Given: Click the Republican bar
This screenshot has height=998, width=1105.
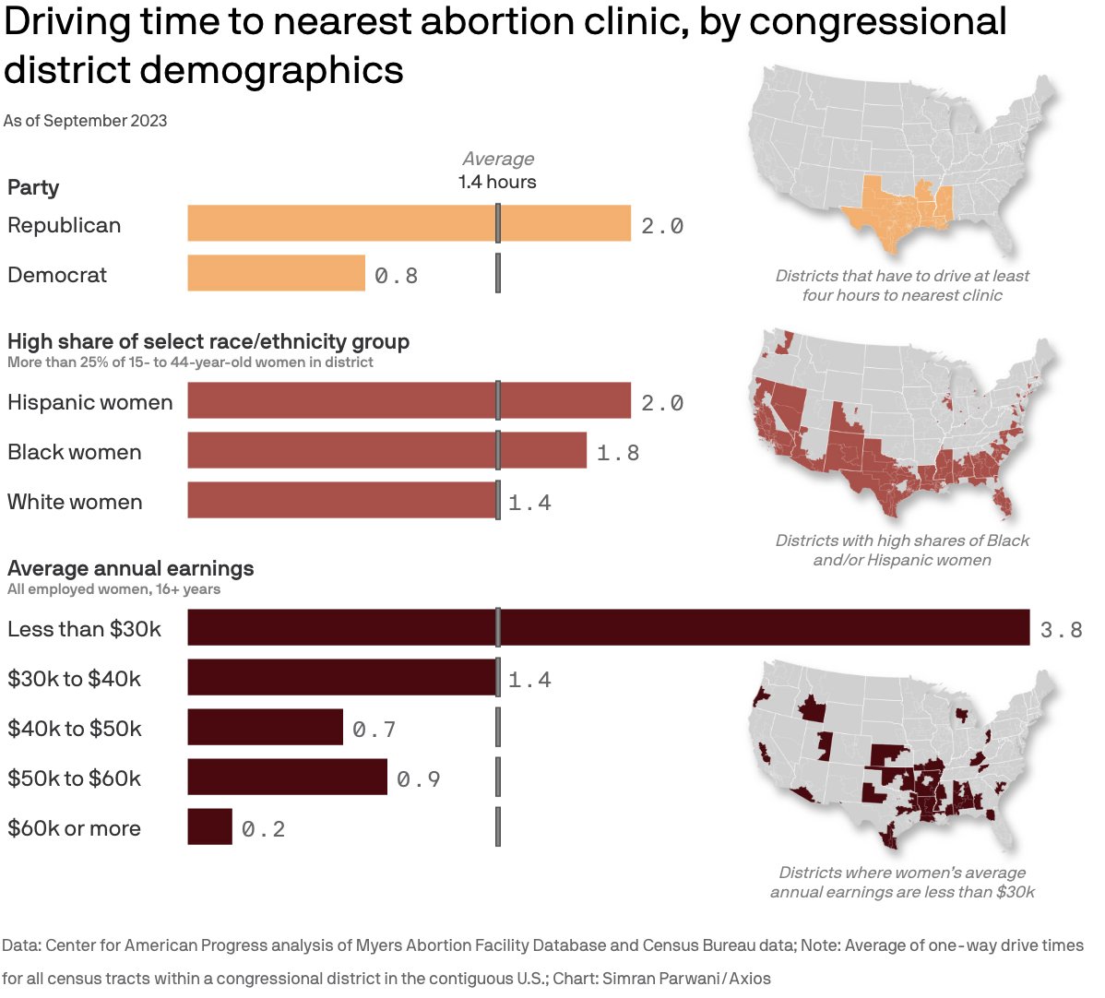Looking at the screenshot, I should point(409,223).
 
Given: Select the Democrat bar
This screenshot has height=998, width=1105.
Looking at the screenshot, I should point(276,273).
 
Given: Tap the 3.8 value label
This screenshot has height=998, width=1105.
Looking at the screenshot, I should point(1061,630).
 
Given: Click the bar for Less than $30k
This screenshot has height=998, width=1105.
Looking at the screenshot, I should point(608,627).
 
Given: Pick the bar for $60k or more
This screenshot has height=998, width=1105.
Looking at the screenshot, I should point(209,826).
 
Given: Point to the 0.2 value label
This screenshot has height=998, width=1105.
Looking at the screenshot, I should point(264,829).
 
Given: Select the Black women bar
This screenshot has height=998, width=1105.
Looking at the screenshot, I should point(386,450).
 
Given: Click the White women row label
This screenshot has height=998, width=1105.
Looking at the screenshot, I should point(75,502).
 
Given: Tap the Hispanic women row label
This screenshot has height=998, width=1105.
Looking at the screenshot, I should point(89,402).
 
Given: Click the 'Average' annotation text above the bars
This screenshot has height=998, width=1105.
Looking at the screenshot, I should point(498,159).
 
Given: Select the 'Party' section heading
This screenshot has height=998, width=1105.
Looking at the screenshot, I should point(33,187).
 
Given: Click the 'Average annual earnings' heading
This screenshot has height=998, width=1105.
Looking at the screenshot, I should point(130,568).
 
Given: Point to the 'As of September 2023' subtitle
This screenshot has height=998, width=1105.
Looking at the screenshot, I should point(85,121).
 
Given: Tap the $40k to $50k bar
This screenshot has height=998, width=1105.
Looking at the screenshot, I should point(265,727).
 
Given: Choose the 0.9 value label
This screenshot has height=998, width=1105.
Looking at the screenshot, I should point(419,779).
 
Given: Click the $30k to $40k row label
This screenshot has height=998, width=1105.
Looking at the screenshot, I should point(74,679).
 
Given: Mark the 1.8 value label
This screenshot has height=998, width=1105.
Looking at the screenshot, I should point(618,453).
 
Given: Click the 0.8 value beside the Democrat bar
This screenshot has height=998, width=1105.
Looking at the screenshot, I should point(397,276).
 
